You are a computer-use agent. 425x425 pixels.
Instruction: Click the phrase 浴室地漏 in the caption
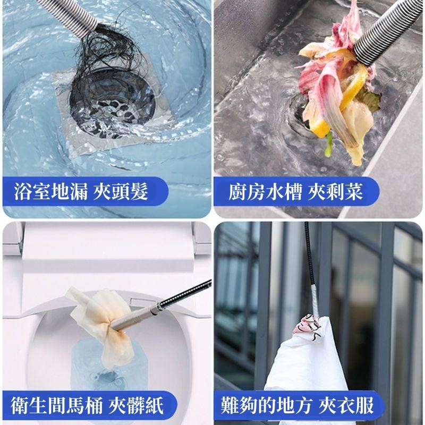tap(51, 191)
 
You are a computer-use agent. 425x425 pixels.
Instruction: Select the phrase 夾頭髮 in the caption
tap(121, 191)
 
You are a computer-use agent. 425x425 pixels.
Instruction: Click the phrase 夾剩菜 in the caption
tap(335, 191)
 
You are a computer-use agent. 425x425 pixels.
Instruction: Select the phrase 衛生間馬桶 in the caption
tap(57, 405)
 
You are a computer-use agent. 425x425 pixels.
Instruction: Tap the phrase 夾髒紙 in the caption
tap(136, 405)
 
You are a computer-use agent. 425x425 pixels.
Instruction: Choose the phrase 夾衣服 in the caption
tap(346, 405)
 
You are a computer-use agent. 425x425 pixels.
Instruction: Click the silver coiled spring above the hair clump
tap(68, 14)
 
